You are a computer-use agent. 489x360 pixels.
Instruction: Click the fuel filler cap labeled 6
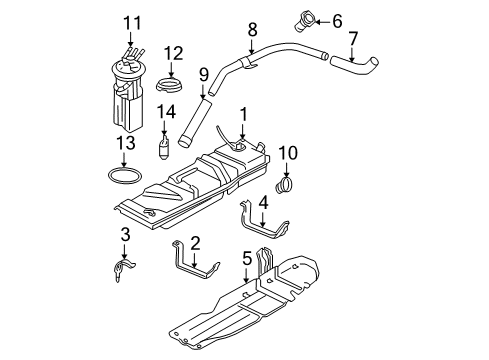coord(302,18)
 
